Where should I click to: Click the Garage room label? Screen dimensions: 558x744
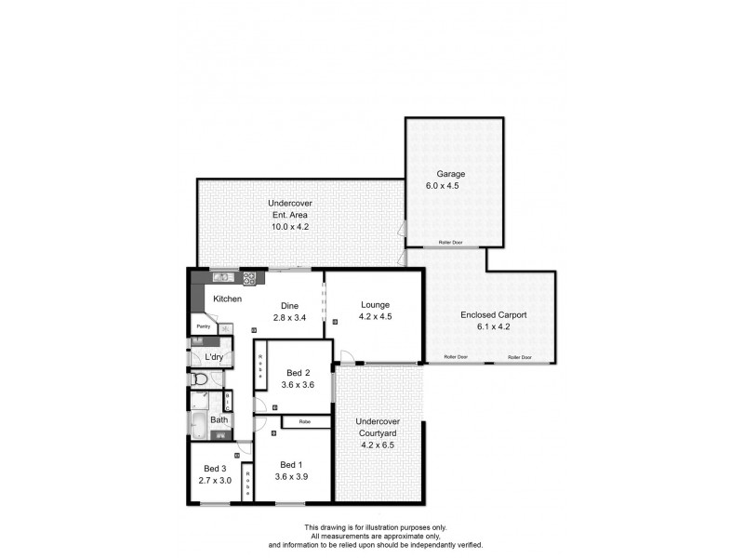[451, 174]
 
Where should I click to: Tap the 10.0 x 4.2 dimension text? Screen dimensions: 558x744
[289, 226]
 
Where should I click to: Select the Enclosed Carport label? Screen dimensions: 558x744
[494, 315]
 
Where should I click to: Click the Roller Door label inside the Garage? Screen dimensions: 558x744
[451, 244]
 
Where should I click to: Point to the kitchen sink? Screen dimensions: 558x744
[223, 277]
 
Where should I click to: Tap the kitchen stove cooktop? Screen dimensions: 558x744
[249, 277]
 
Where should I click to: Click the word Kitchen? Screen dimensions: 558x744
[228, 299]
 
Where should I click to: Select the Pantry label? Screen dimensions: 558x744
[201, 327]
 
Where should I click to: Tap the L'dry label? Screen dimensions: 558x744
[213, 357]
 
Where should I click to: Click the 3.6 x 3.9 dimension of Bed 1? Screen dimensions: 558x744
[292, 477]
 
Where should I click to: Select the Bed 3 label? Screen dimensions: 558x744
[215, 468]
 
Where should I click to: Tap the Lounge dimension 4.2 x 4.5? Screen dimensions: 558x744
[376, 317]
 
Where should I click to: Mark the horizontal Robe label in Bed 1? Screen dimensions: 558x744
[304, 422]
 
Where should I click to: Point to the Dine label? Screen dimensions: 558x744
[289, 304]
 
